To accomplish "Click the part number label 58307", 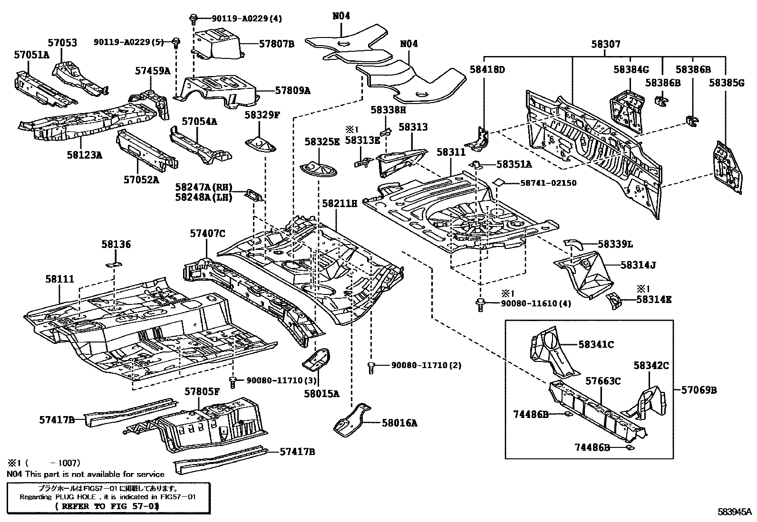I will tap(605, 44).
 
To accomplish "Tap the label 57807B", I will tap(277, 44).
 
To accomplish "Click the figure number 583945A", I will tap(735, 512).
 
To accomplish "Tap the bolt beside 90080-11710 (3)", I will tap(233, 381).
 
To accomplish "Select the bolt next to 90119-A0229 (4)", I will tap(194, 19).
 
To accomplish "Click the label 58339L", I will tap(615, 244).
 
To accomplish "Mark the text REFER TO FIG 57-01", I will tap(107, 506).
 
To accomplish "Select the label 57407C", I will tap(207, 233).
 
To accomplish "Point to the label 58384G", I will tap(631, 70).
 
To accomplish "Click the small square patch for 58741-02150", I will tap(498, 182).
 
